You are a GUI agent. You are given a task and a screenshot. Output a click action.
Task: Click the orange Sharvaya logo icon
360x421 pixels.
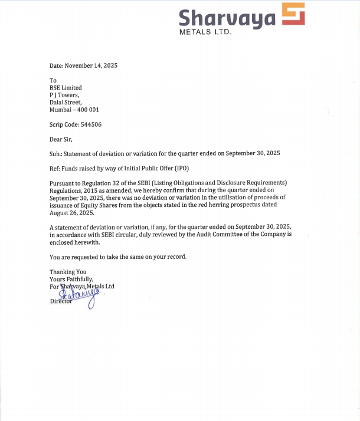tap(293, 14)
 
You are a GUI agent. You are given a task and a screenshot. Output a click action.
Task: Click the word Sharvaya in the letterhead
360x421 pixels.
tap(227, 17)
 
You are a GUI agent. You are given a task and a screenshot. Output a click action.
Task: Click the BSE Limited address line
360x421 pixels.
tap(66, 88)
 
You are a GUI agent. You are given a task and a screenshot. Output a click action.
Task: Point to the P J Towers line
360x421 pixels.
tap(64, 94)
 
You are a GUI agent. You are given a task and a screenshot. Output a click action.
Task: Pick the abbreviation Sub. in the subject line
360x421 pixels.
tap(55, 153)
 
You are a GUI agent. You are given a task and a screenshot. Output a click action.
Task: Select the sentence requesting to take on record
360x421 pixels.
tap(118, 256)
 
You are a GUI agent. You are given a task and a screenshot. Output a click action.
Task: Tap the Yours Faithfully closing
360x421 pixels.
tap(71, 279)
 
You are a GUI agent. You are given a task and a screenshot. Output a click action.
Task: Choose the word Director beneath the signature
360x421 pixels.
tap(61, 301)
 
